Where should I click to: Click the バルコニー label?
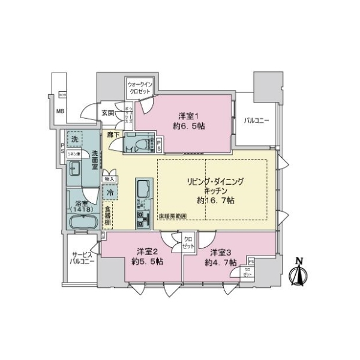256,121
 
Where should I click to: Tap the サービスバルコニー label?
82,259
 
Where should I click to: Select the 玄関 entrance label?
107,113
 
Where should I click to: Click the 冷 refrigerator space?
110,193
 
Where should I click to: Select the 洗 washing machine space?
74,139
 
